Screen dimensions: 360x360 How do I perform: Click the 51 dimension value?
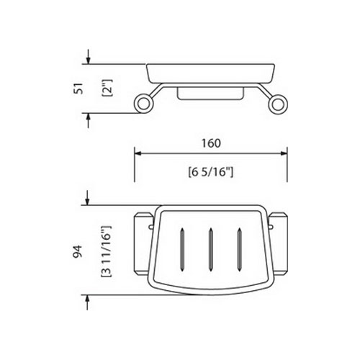click(79, 89)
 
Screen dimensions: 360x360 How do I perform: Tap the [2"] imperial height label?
click(107, 88)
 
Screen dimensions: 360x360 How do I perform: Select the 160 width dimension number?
click(211, 143)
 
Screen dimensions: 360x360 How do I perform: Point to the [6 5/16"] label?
click(211, 172)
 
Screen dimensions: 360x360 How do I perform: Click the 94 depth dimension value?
click(78, 251)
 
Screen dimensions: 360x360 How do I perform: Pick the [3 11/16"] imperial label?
click(106, 251)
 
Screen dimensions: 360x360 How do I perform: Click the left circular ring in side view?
click(142, 104)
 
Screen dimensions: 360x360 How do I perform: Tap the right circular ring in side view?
click(279, 104)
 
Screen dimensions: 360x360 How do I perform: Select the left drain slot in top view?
click(182, 250)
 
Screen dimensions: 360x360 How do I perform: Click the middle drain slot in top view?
click(210, 250)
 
